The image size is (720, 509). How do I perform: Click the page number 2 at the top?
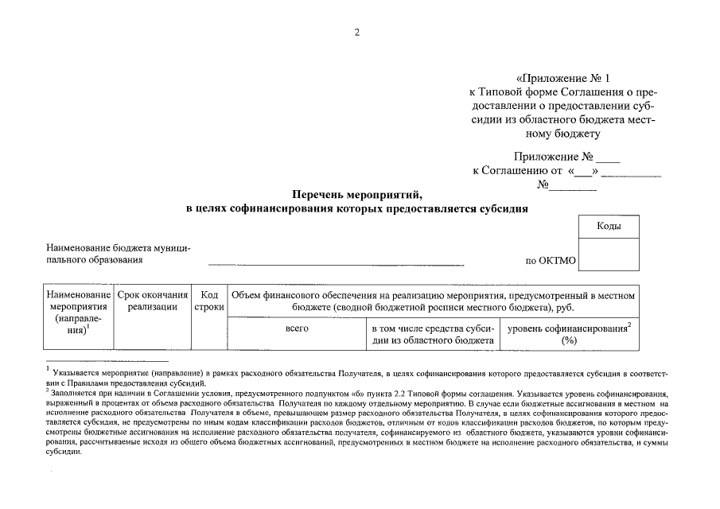pyautogui.click(x=357, y=33)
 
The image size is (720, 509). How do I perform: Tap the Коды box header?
pyautogui.click(x=609, y=227)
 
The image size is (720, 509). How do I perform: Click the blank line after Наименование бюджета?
pyautogui.click(x=335, y=262)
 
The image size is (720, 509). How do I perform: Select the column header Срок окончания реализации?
pyautogui.click(x=152, y=301)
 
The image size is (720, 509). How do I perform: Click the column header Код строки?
pyautogui.click(x=208, y=301)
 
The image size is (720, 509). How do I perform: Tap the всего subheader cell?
pyautogui.click(x=296, y=328)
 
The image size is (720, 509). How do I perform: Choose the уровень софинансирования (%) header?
pyautogui.click(x=568, y=334)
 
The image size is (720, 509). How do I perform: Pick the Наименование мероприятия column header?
pyautogui.click(x=78, y=313)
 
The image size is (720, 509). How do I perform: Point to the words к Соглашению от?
pyautogui.click(x=517, y=171)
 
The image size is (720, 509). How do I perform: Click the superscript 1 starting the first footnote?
pyautogui.click(x=49, y=369)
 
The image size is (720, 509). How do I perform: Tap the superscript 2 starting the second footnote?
pyautogui.click(x=48, y=390)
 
